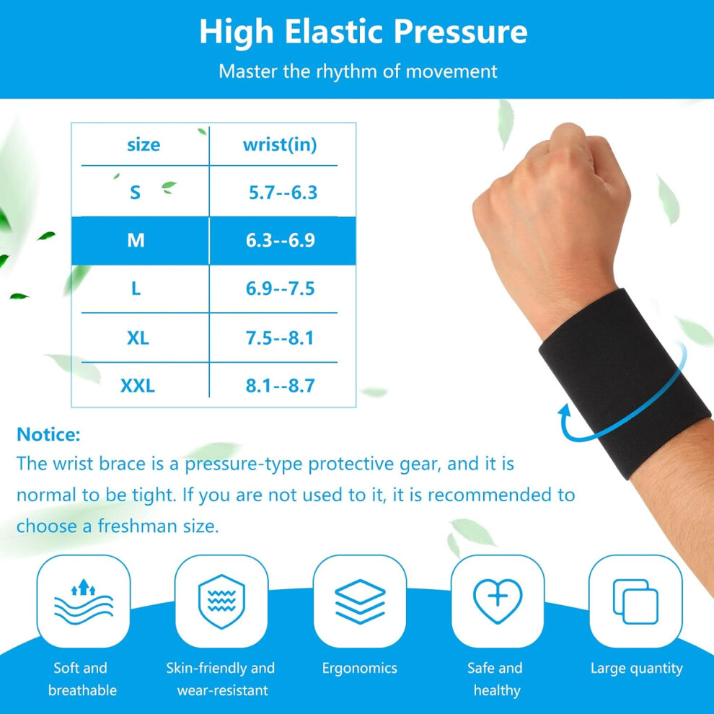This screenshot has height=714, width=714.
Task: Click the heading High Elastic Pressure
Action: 363,32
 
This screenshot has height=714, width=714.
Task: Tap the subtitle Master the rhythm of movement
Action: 358,71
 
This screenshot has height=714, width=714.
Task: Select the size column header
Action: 144,145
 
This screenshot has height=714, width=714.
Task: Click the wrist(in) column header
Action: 280,145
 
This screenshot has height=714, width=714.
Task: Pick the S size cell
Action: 135,193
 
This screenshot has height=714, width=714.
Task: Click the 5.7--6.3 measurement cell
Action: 283,193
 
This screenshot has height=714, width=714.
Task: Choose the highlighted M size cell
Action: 136,240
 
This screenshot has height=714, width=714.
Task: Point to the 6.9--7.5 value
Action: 280,288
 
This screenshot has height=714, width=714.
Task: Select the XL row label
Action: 138,338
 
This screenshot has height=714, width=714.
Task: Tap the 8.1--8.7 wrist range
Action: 280,386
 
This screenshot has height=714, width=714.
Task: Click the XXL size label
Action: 138,386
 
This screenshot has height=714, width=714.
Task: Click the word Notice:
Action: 48,434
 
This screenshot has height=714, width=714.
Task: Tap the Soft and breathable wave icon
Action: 84,601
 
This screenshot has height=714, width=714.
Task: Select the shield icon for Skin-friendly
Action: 221,601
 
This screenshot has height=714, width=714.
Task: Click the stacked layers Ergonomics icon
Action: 360,601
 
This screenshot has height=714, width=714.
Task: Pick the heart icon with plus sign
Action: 498,601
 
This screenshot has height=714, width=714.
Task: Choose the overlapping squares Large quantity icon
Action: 635,601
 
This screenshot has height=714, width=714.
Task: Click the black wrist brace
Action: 624,382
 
